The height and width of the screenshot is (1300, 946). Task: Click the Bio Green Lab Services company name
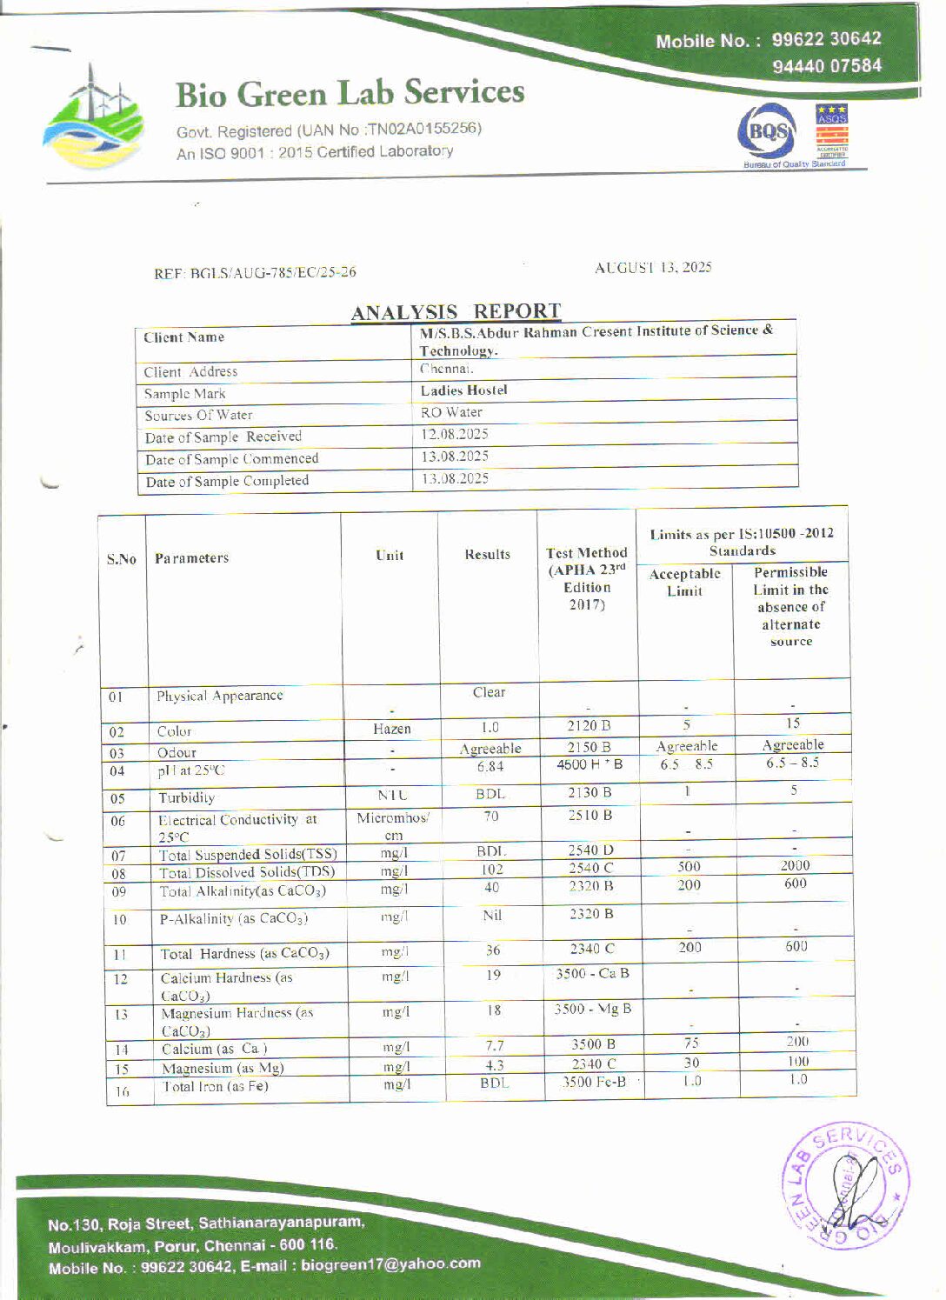[x=350, y=94]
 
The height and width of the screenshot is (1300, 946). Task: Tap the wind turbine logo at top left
[x=91, y=117]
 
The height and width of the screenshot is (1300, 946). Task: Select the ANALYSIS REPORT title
[x=456, y=311]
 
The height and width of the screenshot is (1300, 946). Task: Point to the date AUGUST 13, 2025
[x=653, y=268]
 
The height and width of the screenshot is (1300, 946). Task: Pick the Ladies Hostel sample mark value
[x=463, y=390]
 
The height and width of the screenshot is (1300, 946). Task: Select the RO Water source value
[x=451, y=412]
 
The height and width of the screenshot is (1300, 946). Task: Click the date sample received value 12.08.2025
[x=455, y=434]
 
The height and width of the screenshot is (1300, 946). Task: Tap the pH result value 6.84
[x=490, y=767]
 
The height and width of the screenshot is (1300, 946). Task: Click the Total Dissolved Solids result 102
[x=492, y=870]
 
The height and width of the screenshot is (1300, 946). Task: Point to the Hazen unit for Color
[x=392, y=729]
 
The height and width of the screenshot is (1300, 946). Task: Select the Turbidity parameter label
[x=186, y=797]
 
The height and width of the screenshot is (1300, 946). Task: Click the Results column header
[x=487, y=555]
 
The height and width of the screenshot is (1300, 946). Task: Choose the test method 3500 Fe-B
[x=594, y=1083]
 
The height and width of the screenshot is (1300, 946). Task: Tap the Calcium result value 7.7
[x=494, y=1046]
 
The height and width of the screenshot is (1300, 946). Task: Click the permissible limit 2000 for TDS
[x=795, y=865]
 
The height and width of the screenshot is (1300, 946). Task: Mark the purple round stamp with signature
[x=848, y=1185]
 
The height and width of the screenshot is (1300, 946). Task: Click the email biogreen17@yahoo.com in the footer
[x=390, y=1264]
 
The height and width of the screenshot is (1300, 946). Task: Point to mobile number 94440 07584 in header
[x=826, y=66]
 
